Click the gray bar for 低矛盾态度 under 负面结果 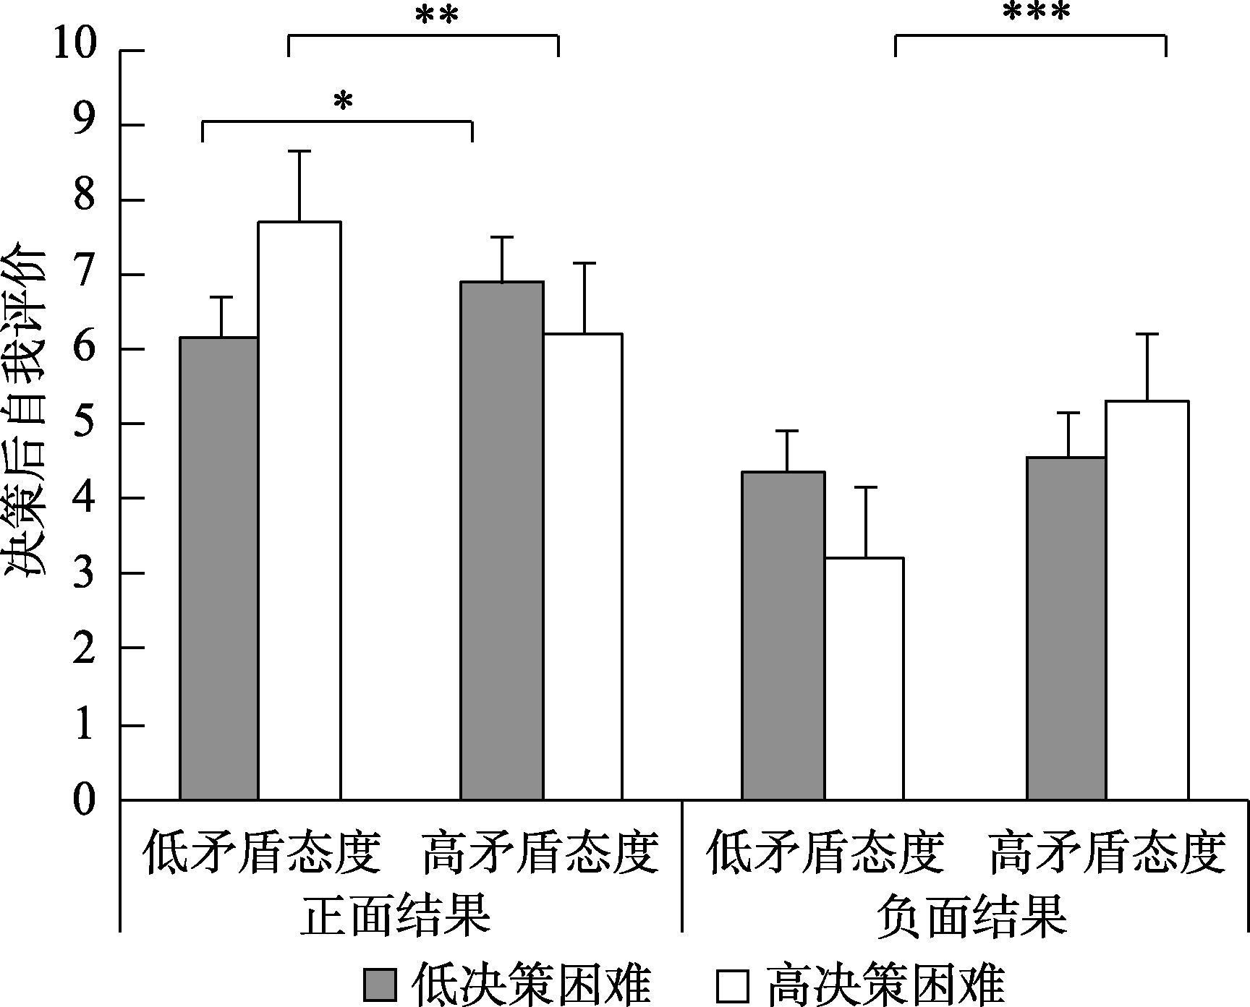click(x=783, y=635)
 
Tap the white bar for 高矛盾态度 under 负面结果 click(x=1147, y=600)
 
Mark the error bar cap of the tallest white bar click(x=299, y=151)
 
